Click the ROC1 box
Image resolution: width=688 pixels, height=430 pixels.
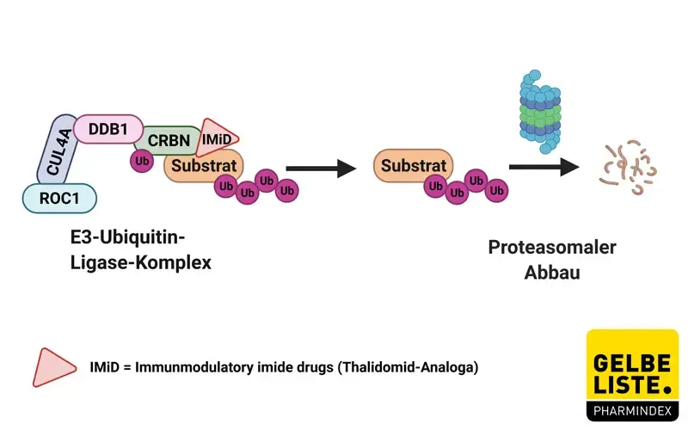click(x=58, y=199)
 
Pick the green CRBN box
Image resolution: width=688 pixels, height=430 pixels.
click(x=168, y=139)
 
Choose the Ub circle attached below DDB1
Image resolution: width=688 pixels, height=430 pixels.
click(x=140, y=160)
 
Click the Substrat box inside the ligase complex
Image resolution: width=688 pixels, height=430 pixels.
click(x=204, y=165)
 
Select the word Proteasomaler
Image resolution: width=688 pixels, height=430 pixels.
click(x=552, y=248)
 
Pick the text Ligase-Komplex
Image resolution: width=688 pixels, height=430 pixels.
click(x=141, y=263)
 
